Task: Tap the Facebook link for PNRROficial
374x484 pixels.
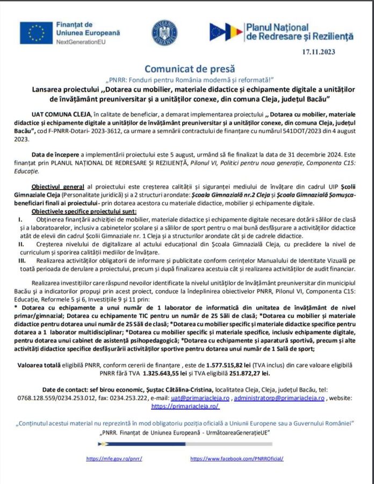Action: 244,459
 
